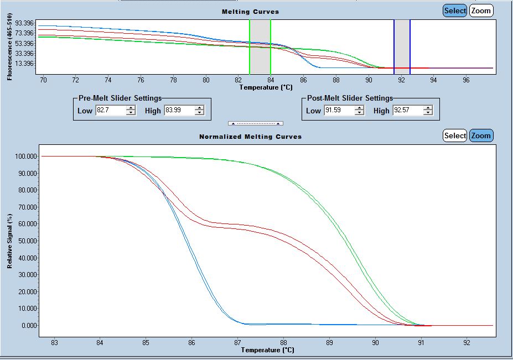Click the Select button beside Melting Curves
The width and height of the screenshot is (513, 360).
coord(455,11)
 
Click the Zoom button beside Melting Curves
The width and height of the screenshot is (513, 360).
coord(481,11)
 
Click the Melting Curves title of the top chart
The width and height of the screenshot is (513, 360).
coord(250,12)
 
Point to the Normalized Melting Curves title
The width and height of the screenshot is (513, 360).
coord(250,137)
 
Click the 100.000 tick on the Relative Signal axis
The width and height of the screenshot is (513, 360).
coord(26,156)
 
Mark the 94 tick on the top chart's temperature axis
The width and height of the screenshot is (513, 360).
coord(433,80)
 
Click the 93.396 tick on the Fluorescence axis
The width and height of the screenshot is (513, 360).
coord(25,23)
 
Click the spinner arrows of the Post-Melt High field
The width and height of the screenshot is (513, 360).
coord(428,111)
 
